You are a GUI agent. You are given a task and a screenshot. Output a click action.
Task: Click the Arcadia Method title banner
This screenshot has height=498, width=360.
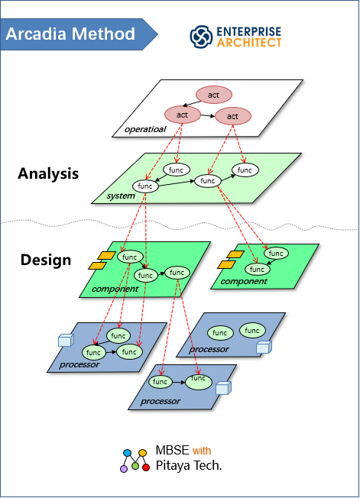(x=78, y=34)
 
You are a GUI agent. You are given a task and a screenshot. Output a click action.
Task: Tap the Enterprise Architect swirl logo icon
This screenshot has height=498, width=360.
(x=201, y=37)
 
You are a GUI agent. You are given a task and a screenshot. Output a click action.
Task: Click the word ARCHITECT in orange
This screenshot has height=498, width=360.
(x=249, y=43)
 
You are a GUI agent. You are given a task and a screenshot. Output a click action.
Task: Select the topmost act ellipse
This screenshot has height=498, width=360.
(x=214, y=95)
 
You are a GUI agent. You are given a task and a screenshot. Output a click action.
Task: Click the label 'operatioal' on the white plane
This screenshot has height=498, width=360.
(x=145, y=129)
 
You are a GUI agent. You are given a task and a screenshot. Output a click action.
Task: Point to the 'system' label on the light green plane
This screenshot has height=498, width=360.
(x=121, y=196)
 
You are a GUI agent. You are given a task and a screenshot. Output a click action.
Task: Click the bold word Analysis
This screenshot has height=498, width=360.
(x=48, y=173)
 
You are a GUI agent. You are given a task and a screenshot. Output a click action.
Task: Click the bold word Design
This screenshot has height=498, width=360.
(x=46, y=260)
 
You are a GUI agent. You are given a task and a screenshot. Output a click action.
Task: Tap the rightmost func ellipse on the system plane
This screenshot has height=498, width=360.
(x=245, y=170)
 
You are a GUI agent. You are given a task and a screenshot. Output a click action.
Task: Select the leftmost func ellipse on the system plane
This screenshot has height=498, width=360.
(x=145, y=186)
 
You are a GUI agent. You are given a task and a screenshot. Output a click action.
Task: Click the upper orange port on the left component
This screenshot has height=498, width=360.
(x=107, y=255)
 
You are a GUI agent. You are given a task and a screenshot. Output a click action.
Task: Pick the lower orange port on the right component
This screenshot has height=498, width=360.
(x=226, y=264)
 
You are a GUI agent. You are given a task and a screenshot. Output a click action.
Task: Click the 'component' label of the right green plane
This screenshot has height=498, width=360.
(x=244, y=281)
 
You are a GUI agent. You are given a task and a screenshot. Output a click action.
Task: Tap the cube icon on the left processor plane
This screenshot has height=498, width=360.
(x=66, y=340)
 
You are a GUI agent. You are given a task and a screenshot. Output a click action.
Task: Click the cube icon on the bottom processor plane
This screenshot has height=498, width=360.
(x=223, y=388)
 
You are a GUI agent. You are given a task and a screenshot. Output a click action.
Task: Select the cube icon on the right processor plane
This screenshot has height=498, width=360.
(x=264, y=347)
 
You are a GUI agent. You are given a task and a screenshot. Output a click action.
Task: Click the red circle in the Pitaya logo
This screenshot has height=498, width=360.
(x=146, y=467)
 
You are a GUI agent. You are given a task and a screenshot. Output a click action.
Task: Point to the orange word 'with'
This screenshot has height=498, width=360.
(x=202, y=451)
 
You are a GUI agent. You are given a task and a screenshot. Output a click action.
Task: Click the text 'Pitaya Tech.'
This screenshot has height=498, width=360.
(x=189, y=465)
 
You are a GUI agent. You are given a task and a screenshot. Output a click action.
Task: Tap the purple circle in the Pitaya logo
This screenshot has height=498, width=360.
(x=124, y=468)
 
